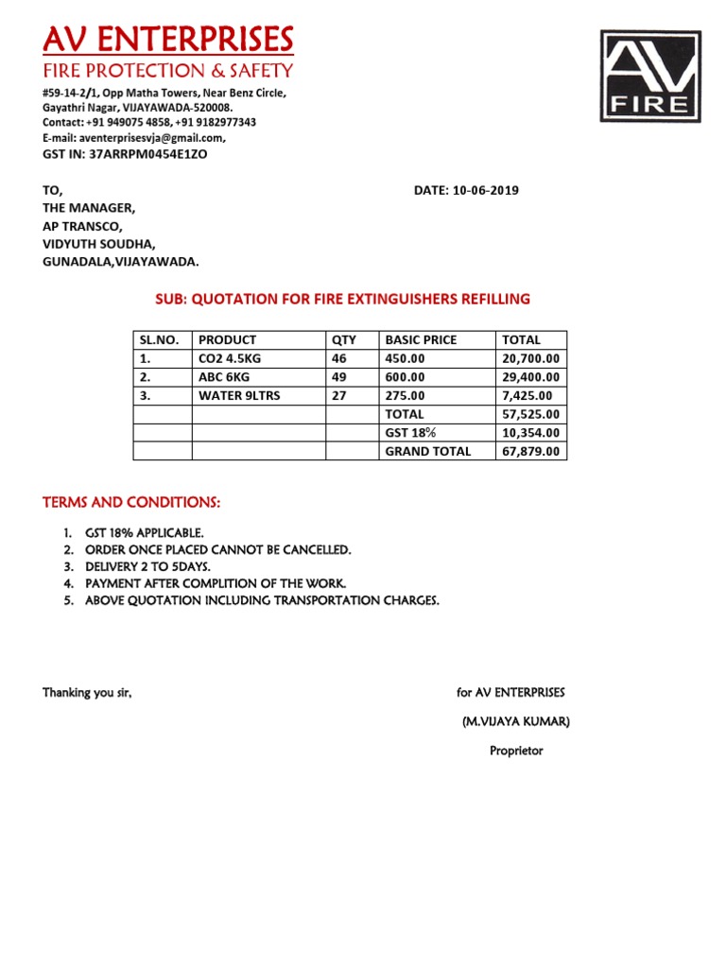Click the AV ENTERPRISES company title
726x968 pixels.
pos(167,40)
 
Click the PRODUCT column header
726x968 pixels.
pos(227,339)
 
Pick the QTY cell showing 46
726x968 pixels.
pos(340,358)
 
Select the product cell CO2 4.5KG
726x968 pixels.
pos(233,358)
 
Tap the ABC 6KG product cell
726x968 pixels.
pos(224,377)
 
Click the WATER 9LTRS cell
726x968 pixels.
pos(239,395)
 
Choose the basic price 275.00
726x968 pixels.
pos(405,395)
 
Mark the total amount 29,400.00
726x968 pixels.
pos(531,377)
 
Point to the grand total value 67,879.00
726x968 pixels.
pos(531,451)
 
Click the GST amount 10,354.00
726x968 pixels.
pos(531,432)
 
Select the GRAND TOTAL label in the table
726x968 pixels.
pos(427,451)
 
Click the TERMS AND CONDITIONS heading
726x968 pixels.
pos(131,501)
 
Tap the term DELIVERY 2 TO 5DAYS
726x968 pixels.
pos(147,566)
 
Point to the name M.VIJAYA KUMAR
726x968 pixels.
pos(515,722)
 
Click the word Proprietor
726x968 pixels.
pos(516,752)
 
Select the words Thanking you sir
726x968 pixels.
pos(87,693)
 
